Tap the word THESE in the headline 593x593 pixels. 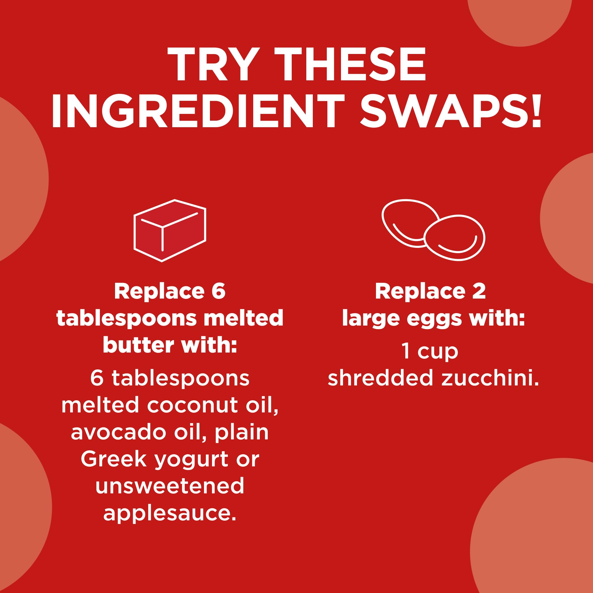350,65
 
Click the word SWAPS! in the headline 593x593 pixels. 451,111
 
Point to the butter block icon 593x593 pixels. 170,230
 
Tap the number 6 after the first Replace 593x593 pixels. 218,291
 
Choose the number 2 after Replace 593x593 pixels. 479,291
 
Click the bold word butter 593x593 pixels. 139,345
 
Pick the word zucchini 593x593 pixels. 490,378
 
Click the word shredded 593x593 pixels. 381,378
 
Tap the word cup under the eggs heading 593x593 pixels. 438,352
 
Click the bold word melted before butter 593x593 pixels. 243,318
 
